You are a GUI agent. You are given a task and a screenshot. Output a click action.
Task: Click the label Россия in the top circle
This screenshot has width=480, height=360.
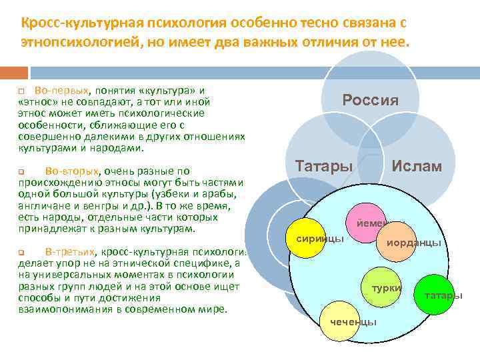click(370, 101)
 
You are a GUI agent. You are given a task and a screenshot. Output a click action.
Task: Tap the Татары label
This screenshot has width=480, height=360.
click(324, 166)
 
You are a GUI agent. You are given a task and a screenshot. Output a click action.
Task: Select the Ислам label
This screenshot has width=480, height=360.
click(417, 166)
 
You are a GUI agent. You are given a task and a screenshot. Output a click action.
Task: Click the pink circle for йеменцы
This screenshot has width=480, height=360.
click(365, 217)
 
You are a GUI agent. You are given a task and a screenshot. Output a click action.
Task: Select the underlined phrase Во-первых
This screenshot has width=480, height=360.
click(58, 90)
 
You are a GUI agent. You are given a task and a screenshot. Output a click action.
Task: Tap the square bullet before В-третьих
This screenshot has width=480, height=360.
click(21, 252)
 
